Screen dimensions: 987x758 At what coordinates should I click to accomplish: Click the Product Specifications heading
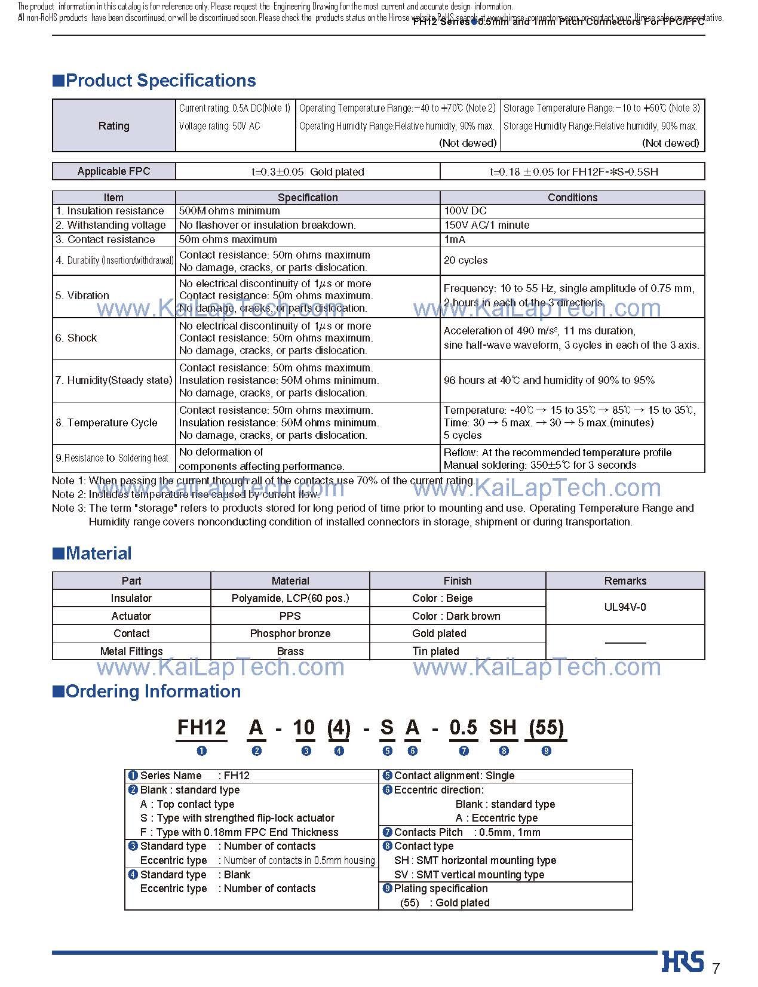pyautogui.click(x=155, y=81)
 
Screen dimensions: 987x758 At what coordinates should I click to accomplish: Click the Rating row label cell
pyautogui.click(x=113, y=126)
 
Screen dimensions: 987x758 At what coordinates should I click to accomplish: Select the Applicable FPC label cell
pyautogui.click(x=113, y=171)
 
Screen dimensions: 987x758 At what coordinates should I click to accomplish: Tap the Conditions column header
pyautogui.click(x=572, y=198)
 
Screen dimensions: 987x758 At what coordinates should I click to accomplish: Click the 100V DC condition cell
pyautogui.click(x=465, y=211)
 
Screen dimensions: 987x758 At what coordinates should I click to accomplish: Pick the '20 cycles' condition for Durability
pyautogui.click(x=465, y=260)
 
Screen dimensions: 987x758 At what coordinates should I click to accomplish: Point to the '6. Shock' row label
pyautogui.click(x=76, y=338)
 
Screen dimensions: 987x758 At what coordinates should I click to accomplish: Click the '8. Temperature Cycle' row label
pyautogui.click(x=106, y=423)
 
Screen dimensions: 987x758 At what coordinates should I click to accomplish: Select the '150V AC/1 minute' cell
pyautogui.click(x=486, y=225)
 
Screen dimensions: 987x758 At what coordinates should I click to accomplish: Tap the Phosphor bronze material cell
pyautogui.click(x=290, y=634)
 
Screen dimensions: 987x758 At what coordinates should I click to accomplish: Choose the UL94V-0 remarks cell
pyautogui.click(x=625, y=607)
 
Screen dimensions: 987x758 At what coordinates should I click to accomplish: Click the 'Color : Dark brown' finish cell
pyautogui.click(x=456, y=616)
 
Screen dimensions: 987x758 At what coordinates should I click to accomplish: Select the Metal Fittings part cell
pyautogui.click(x=131, y=651)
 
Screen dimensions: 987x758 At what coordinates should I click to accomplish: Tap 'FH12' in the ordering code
pyautogui.click(x=201, y=727)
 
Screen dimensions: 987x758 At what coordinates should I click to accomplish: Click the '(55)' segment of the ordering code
pyautogui.click(x=545, y=727)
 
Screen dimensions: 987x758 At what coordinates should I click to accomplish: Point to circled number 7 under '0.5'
pyautogui.click(x=464, y=751)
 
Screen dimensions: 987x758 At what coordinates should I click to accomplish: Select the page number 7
pyautogui.click(x=716, y=968)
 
